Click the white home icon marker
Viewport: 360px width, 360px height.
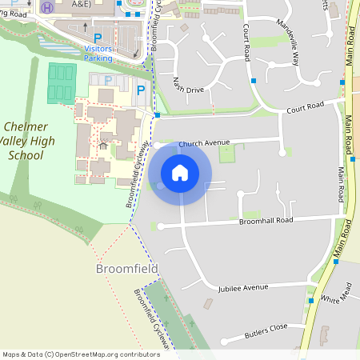(x=180, y=172)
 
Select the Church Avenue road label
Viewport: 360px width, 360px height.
(x=204, y=144)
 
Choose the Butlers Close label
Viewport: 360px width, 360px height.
(x=266, y=328)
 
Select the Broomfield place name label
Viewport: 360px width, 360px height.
(x=127, y=268)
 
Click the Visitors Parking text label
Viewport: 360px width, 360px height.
(x=98, y=54)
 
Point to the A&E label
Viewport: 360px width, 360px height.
(x=82, y=5)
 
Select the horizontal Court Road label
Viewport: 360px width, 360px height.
(x=304, y=106)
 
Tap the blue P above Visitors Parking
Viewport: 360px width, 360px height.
(x=98, y=38)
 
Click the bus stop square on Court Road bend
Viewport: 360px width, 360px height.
(x=254, y=81)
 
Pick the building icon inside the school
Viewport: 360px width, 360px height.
(x=102, y=146)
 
